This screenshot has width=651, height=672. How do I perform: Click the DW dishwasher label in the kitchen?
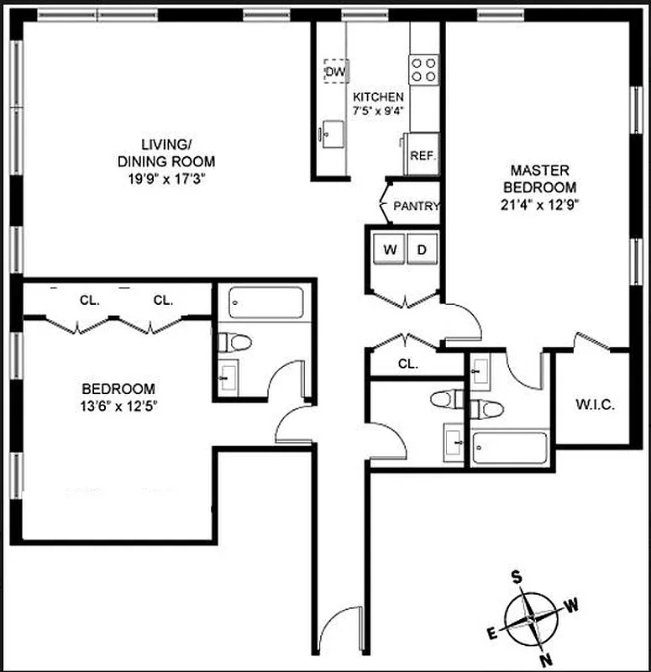336,71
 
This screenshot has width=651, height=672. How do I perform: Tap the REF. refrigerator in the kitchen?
420,155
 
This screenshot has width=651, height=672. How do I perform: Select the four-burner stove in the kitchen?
423,67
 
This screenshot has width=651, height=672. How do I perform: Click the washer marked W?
390,249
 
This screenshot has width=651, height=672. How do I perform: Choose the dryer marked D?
423,249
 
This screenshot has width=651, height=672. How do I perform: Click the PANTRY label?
417,206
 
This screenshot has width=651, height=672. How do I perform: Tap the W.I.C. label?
596,405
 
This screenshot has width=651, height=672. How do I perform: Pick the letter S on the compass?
518,577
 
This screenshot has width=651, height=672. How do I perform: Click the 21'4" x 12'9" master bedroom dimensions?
538,203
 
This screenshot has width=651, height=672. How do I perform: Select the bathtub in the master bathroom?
508,448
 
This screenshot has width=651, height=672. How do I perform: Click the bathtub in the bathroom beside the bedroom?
266,302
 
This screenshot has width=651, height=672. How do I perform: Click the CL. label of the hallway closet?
408,364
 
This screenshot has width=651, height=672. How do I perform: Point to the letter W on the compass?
570,603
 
